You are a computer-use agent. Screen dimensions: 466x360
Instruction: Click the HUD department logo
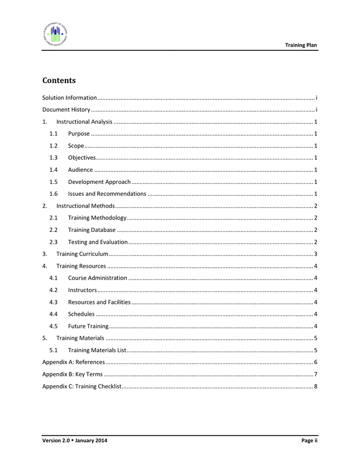click(x=55, y=34)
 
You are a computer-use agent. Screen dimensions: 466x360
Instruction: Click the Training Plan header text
click(x=301, y=46)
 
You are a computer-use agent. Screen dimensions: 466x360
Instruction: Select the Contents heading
click(x=59, y=81)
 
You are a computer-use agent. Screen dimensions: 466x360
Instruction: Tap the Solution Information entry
click(x=69, y=98)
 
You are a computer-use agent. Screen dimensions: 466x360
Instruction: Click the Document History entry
click(x=66, y=110)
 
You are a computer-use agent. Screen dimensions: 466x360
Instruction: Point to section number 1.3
click(x=53, y=158)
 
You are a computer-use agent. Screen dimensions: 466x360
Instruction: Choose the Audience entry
click(x=81, y=170)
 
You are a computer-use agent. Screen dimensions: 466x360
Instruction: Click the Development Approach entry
click(x=99, y=182)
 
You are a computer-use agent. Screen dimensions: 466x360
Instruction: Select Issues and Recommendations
click(x=107, y=194)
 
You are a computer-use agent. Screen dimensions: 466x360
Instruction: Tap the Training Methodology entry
click(x=97, y=218)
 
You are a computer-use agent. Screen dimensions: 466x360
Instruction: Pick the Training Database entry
click(x=92, y=230)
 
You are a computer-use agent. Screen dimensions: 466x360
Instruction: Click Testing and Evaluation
click(x=98, y=242)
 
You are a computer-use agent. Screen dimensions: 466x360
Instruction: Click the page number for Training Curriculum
click(x=316, y=254)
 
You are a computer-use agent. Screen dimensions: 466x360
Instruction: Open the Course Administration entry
click(x=97, y=278)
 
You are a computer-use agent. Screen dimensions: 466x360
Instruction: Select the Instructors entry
click(x=82, y=290)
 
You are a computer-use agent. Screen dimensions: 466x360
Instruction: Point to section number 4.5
click(x=53, y=326)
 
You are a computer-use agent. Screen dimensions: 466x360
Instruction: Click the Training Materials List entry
click(x=97, y=351)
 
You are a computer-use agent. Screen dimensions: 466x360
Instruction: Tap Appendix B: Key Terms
click(x=72, y=374)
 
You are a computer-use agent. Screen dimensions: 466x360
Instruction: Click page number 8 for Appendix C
click(x=316, y=386)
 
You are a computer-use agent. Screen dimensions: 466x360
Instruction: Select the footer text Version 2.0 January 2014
click(x=75, y=441)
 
